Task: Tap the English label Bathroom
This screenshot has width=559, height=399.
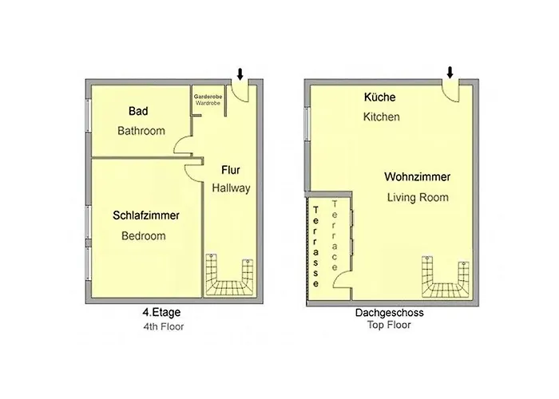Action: [141, 130]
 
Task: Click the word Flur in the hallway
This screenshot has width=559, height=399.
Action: [231, 170]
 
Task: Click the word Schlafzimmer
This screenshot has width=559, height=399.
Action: [146, 215]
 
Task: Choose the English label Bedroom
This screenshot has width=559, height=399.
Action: [144, 236]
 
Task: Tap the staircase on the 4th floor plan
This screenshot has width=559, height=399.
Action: [230, 276]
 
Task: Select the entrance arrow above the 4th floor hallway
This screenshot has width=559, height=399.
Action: [240, 74]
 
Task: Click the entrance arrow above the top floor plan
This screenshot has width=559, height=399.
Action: [450, 73]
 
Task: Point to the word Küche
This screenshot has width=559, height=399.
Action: [379, 97]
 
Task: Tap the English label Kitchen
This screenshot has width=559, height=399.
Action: [381, 117]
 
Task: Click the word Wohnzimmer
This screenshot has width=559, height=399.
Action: [418, 177]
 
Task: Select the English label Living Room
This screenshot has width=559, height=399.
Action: [418, 197]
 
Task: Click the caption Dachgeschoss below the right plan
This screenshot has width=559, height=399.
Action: [389, 314]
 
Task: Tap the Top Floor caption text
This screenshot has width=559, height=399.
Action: [389, 326]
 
